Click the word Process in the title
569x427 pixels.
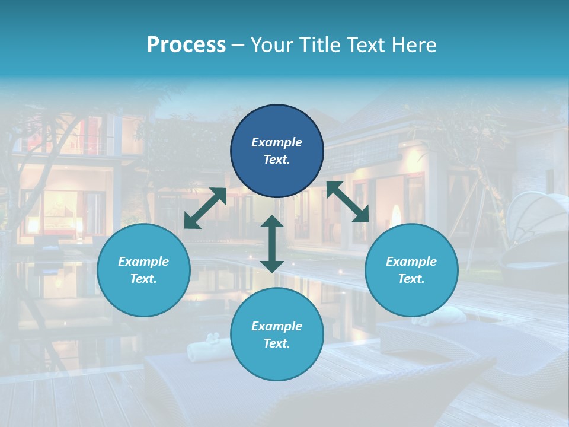click(x=186, y=45)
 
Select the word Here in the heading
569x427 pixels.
click(x=415, y=45)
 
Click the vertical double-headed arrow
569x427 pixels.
click(x=272, y=244)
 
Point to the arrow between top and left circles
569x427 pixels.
click(x=205, y=208)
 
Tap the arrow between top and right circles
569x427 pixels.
click(x=348, y=202)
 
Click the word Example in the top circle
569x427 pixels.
click(x=277, y=142)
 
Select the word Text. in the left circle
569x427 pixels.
click(x=143, y=279)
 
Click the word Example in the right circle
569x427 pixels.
click(x=411, y=262)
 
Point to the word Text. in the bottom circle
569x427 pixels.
click(x=277, y=343)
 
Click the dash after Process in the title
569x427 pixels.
click(x=238, y=46)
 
